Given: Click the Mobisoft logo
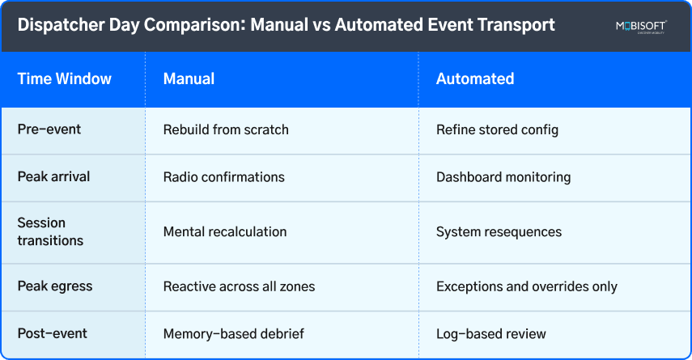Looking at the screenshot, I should point(640,27).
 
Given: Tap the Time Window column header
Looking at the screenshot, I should point(65,79).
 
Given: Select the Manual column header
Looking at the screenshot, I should point(189,79).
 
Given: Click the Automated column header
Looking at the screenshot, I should point(475,79).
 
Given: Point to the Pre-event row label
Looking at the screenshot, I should point(49,129).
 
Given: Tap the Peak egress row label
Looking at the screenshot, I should point(55,286).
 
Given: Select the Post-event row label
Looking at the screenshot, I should point(53,333).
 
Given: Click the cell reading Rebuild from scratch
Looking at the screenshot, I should point(226,129).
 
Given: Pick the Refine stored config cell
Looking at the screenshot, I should point(497,129).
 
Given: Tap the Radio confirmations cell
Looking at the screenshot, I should point(223,176).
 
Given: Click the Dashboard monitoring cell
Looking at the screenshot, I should point(503,176).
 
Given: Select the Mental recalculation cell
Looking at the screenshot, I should point(225,231).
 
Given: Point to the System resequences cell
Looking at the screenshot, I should point(499,231).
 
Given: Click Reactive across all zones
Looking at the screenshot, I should point(239,286).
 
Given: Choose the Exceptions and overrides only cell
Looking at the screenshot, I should point(527,286).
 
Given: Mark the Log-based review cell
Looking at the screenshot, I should point(491,333).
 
